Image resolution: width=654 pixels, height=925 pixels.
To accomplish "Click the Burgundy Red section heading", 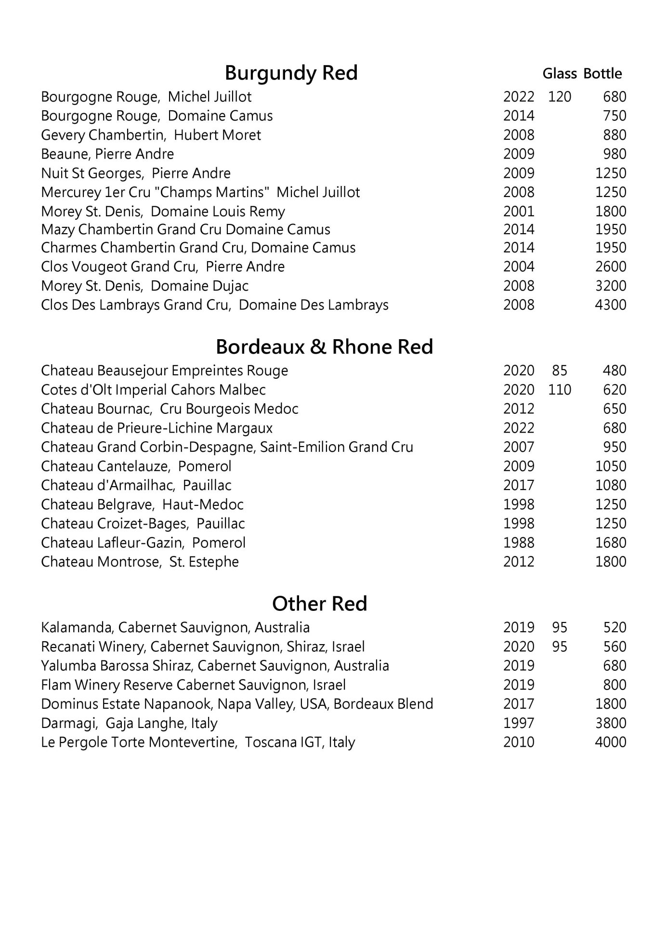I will click(291, 73).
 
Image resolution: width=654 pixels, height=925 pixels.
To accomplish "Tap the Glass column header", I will click(559, 74).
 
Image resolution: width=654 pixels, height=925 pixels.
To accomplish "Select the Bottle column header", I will click(602, 74).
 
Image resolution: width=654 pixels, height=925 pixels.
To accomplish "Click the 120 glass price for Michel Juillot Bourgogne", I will click(559, 97).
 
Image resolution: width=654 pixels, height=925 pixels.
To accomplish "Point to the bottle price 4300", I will click(610, 305).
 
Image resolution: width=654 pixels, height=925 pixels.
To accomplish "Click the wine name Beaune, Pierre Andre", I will click(107, 154).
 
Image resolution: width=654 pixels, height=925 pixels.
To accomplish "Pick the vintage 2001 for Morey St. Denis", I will click(519, 211).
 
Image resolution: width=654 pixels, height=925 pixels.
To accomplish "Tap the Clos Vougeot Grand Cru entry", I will click(163, 267).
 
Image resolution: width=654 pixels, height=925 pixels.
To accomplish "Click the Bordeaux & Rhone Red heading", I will click(324, 347).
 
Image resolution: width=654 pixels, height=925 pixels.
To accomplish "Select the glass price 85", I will click(559, 370).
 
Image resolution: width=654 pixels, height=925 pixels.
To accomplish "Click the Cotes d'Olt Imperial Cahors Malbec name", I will click(153, 390).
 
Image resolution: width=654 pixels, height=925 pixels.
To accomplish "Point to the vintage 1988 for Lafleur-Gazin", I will click(519, 543).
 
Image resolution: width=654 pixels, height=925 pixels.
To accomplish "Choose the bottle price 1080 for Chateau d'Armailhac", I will click(610, 486).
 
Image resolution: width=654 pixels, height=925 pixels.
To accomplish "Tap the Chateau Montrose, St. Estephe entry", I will click(140, 562).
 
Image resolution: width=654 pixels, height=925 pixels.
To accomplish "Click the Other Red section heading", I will click(319, 604).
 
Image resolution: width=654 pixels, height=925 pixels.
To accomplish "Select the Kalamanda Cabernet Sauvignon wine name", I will click(175, 628).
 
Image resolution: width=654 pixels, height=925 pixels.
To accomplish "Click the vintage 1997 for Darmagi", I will click(519, 723).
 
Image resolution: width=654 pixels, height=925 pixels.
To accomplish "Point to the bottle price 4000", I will click(610, 742).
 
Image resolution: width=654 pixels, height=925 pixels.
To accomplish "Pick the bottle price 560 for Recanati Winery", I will click(614, 647).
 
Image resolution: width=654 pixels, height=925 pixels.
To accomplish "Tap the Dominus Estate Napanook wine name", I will click(237, 704).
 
